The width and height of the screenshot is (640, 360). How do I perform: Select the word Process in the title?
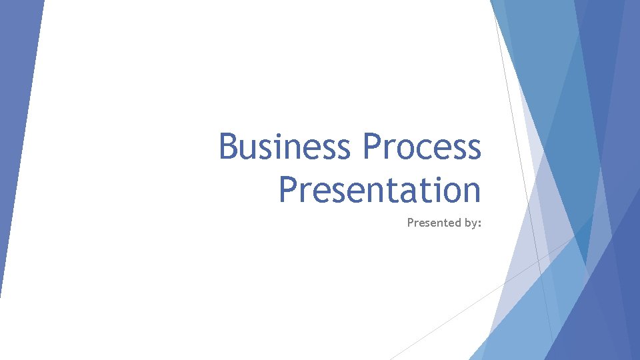[x=422, y=147]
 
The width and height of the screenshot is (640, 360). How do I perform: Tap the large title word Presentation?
[x=379, y=189]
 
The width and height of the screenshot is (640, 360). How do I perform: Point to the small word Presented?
[x=433, y=223]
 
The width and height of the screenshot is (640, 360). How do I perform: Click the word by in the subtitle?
[x=469, y=223]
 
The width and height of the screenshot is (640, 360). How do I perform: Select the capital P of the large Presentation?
[x=289, y=189]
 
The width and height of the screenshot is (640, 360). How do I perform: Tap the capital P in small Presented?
[x=410, y=223]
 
